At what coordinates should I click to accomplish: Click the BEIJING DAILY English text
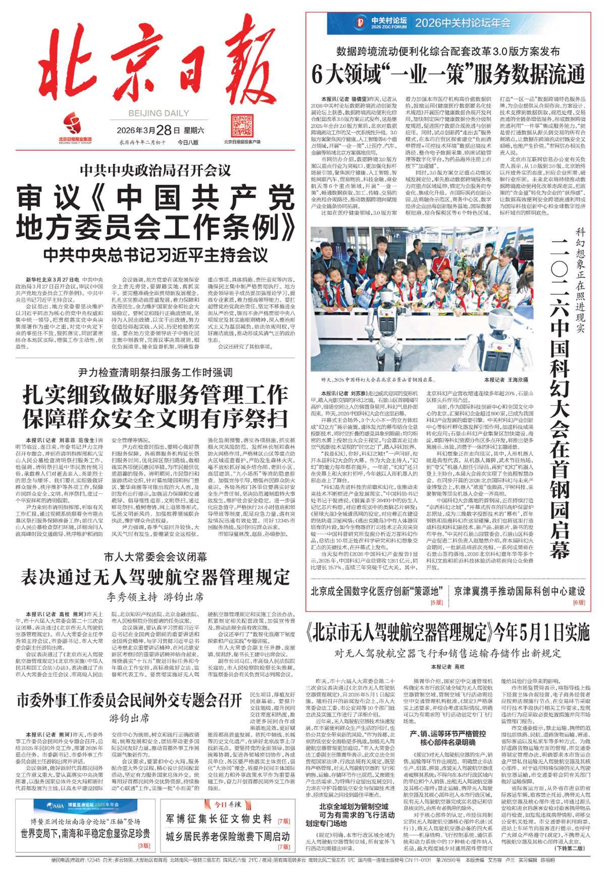click(x=159, y=113)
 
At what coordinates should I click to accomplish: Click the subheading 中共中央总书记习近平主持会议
click(x=156, y=255)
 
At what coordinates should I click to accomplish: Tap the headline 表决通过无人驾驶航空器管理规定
click(x=155, y=577)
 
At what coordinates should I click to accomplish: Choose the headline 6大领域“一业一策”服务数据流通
click(x=448, y=74)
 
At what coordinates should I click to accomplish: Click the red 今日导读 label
click(x=227, y=804)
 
